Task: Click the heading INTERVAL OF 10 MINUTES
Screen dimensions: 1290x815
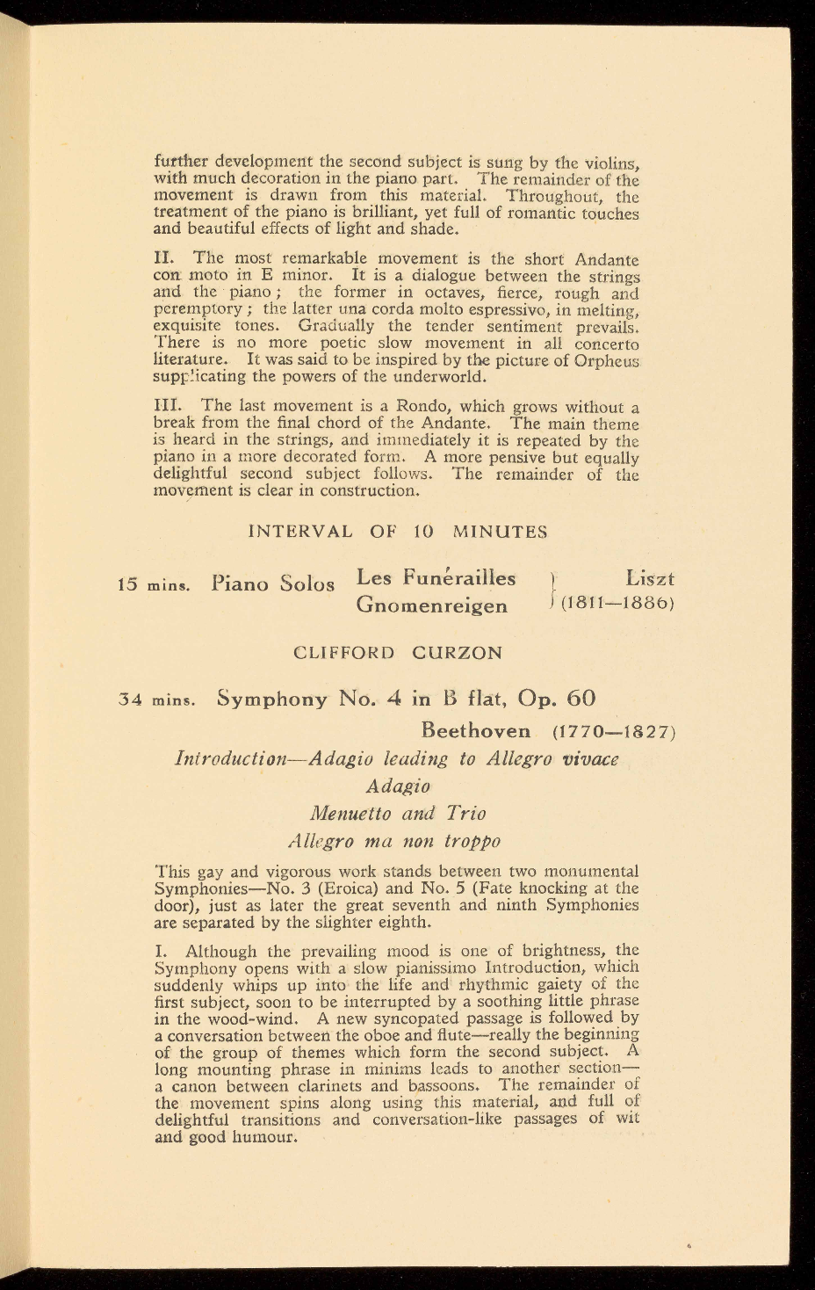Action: point(398,532)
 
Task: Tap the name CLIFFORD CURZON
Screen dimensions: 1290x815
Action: point(398,653)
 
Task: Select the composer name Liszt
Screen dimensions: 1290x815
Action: point(650,579)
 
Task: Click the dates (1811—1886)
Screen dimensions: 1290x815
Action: point(617,605)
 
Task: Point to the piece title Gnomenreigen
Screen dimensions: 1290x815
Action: point(431,605)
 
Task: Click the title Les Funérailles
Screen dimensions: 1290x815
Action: point(436,578)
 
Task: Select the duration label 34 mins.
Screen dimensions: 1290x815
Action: point(155,700)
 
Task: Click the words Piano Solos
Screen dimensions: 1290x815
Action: point(273,583)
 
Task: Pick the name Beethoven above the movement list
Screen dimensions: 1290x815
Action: point(476,731)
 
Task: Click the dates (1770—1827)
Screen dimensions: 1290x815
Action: point(613,731)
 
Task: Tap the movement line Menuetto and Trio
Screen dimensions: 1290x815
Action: point(398,814)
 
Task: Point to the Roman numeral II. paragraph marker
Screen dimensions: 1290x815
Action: point(164,259)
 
